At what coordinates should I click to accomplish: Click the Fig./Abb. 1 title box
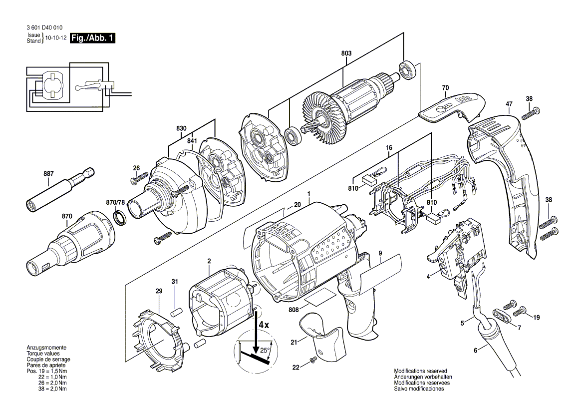click(92, 38)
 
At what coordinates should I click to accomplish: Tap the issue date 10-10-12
click(55, 38)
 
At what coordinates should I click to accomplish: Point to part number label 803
click(346, 54)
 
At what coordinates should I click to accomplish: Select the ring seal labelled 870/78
click(120, 218)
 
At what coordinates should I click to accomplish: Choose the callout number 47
click(509, 104)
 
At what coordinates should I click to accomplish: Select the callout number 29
click(159, 291)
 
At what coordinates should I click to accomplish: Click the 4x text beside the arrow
click(263, 325)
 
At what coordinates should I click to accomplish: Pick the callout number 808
click(293, 310)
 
